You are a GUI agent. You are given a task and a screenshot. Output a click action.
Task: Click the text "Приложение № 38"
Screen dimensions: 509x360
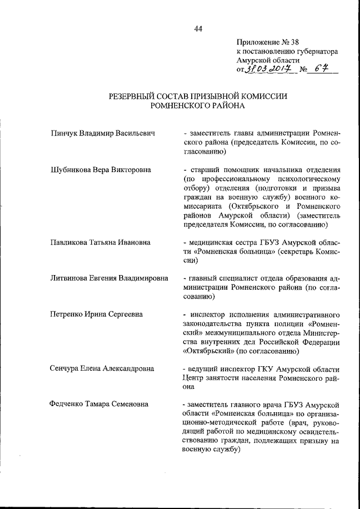(x=267, y=41)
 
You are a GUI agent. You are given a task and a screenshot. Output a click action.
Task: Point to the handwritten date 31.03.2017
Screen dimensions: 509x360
(x=265, y=70)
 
